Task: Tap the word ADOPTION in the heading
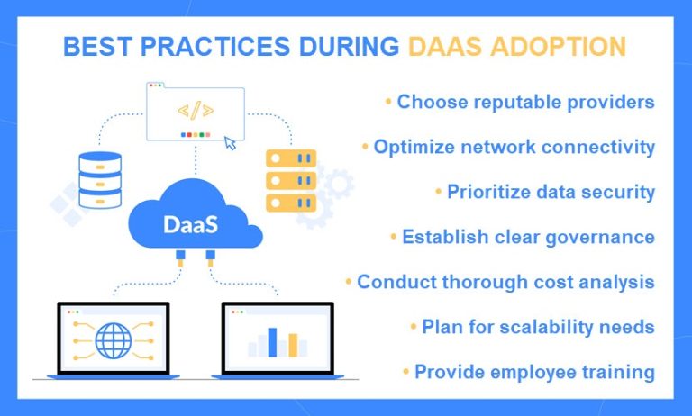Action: pos(560,47)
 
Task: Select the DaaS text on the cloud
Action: pos(191,224)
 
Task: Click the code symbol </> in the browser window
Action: pos(196,112)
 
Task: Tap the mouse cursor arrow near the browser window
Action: pos(231,142)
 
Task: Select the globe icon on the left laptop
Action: pos(113,341)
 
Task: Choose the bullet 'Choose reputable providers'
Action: pos(525,102)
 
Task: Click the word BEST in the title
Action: pos(95,47)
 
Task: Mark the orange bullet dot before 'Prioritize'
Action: pos(439,192)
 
